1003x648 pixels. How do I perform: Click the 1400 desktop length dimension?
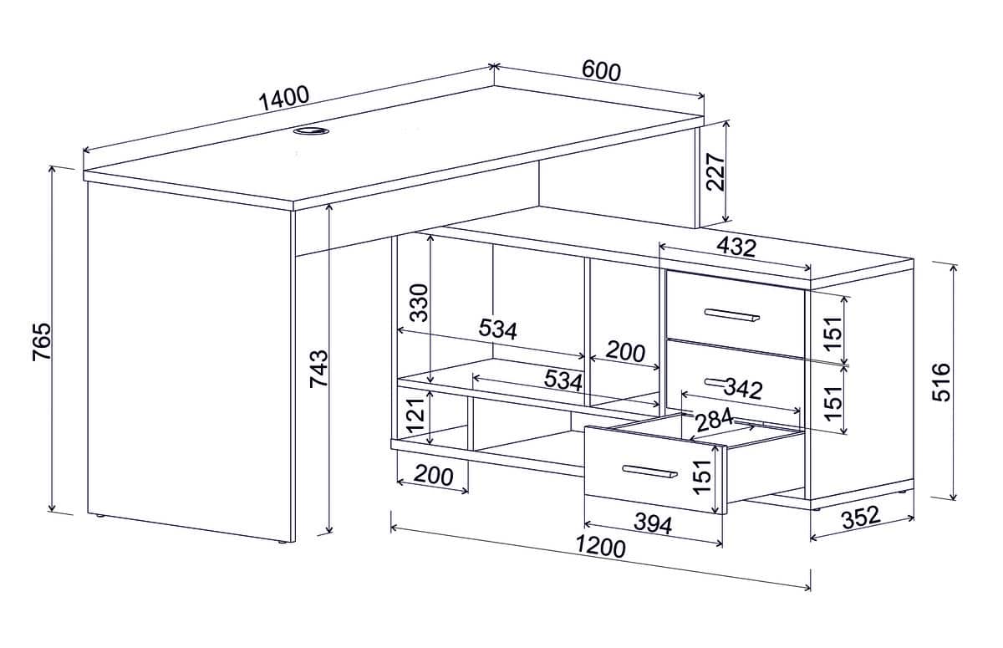[284, 98]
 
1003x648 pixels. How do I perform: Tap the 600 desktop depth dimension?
[601, 72]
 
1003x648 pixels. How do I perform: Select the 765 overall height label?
[42, 341]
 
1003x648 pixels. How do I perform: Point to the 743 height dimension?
[318, 369]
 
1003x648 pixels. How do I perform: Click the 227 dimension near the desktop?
[715, 172]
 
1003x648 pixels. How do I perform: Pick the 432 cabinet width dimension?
[736, 247]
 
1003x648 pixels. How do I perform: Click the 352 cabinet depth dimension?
[861, 518]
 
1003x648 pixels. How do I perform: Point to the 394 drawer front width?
[654, 524]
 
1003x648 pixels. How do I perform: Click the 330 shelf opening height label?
[420, 303]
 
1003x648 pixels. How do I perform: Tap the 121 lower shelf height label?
[416, 415]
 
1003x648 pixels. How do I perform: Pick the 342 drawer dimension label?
[743, 389]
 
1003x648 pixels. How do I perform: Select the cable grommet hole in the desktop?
[311, 130]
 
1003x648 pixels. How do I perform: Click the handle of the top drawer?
[731, 315]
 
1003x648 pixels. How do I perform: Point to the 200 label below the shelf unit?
[434, 476]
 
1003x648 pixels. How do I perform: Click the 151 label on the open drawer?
[702, 477]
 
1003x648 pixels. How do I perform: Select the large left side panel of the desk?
[191, 363]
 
